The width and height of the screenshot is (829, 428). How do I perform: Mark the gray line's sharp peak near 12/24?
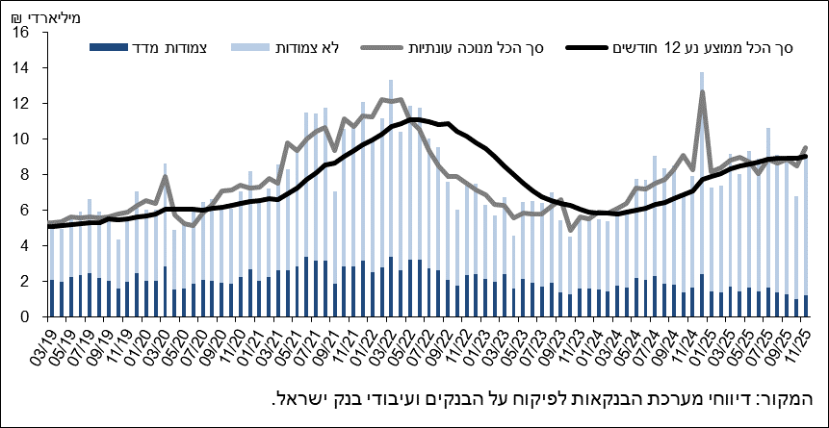tap(703, 92)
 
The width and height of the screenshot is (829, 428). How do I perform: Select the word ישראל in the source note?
tap(303, 399)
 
